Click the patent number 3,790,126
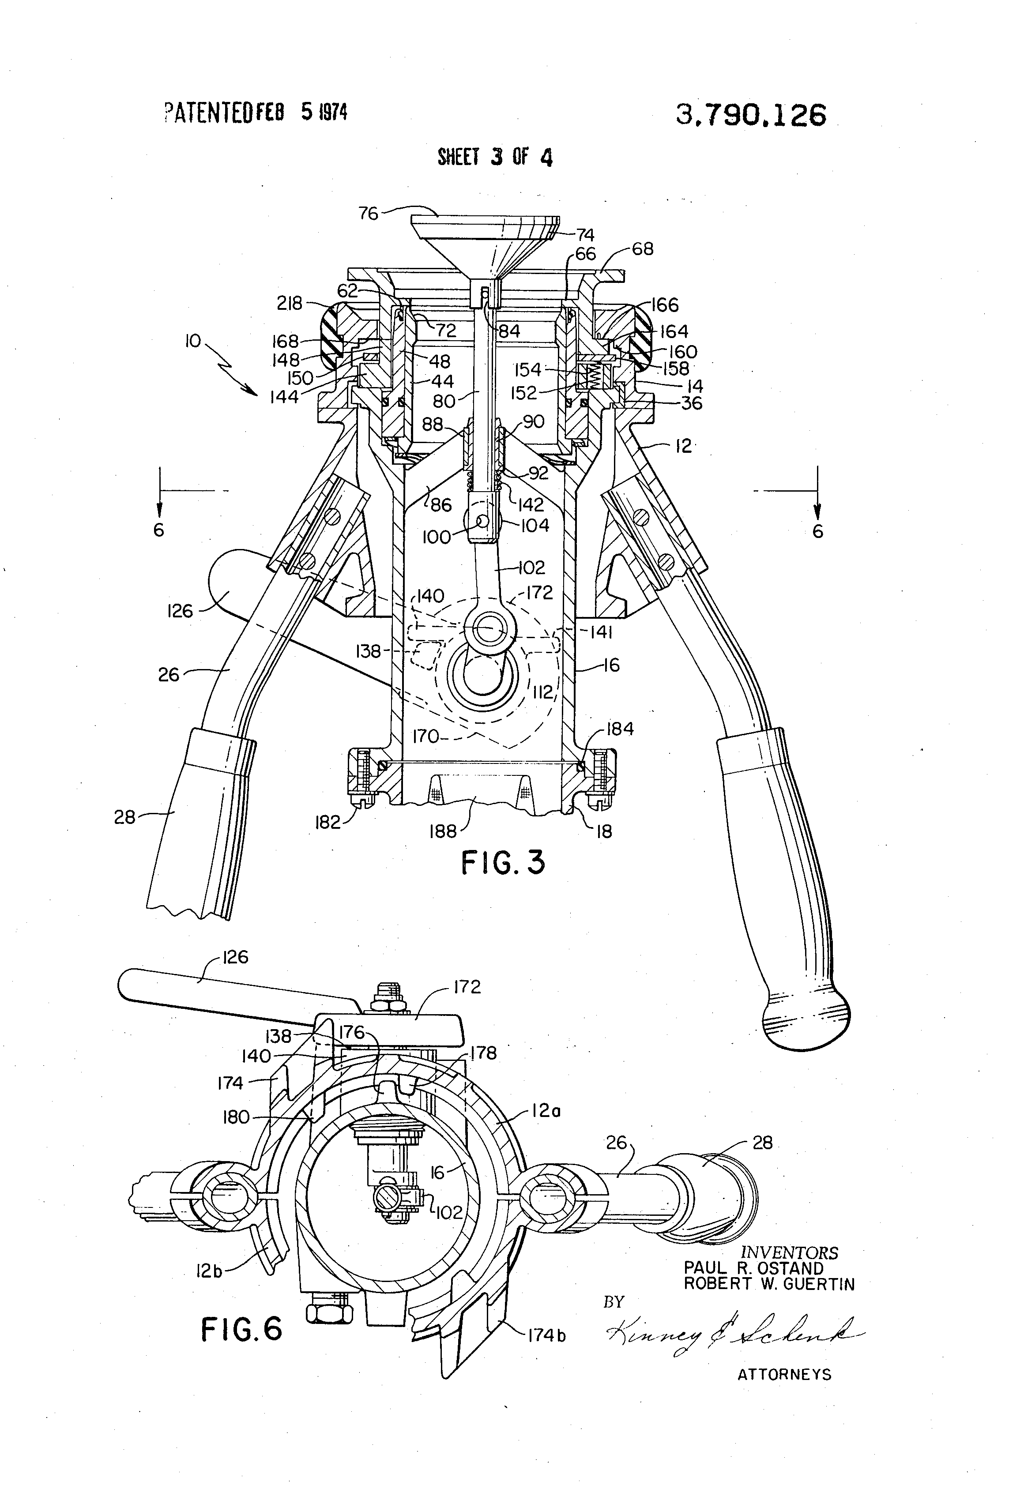[x=750, y=116]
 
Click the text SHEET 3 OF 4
[x=495, y=157]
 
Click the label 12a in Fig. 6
[x=546, y=1111]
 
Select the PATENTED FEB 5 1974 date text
[x=255, y=113]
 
